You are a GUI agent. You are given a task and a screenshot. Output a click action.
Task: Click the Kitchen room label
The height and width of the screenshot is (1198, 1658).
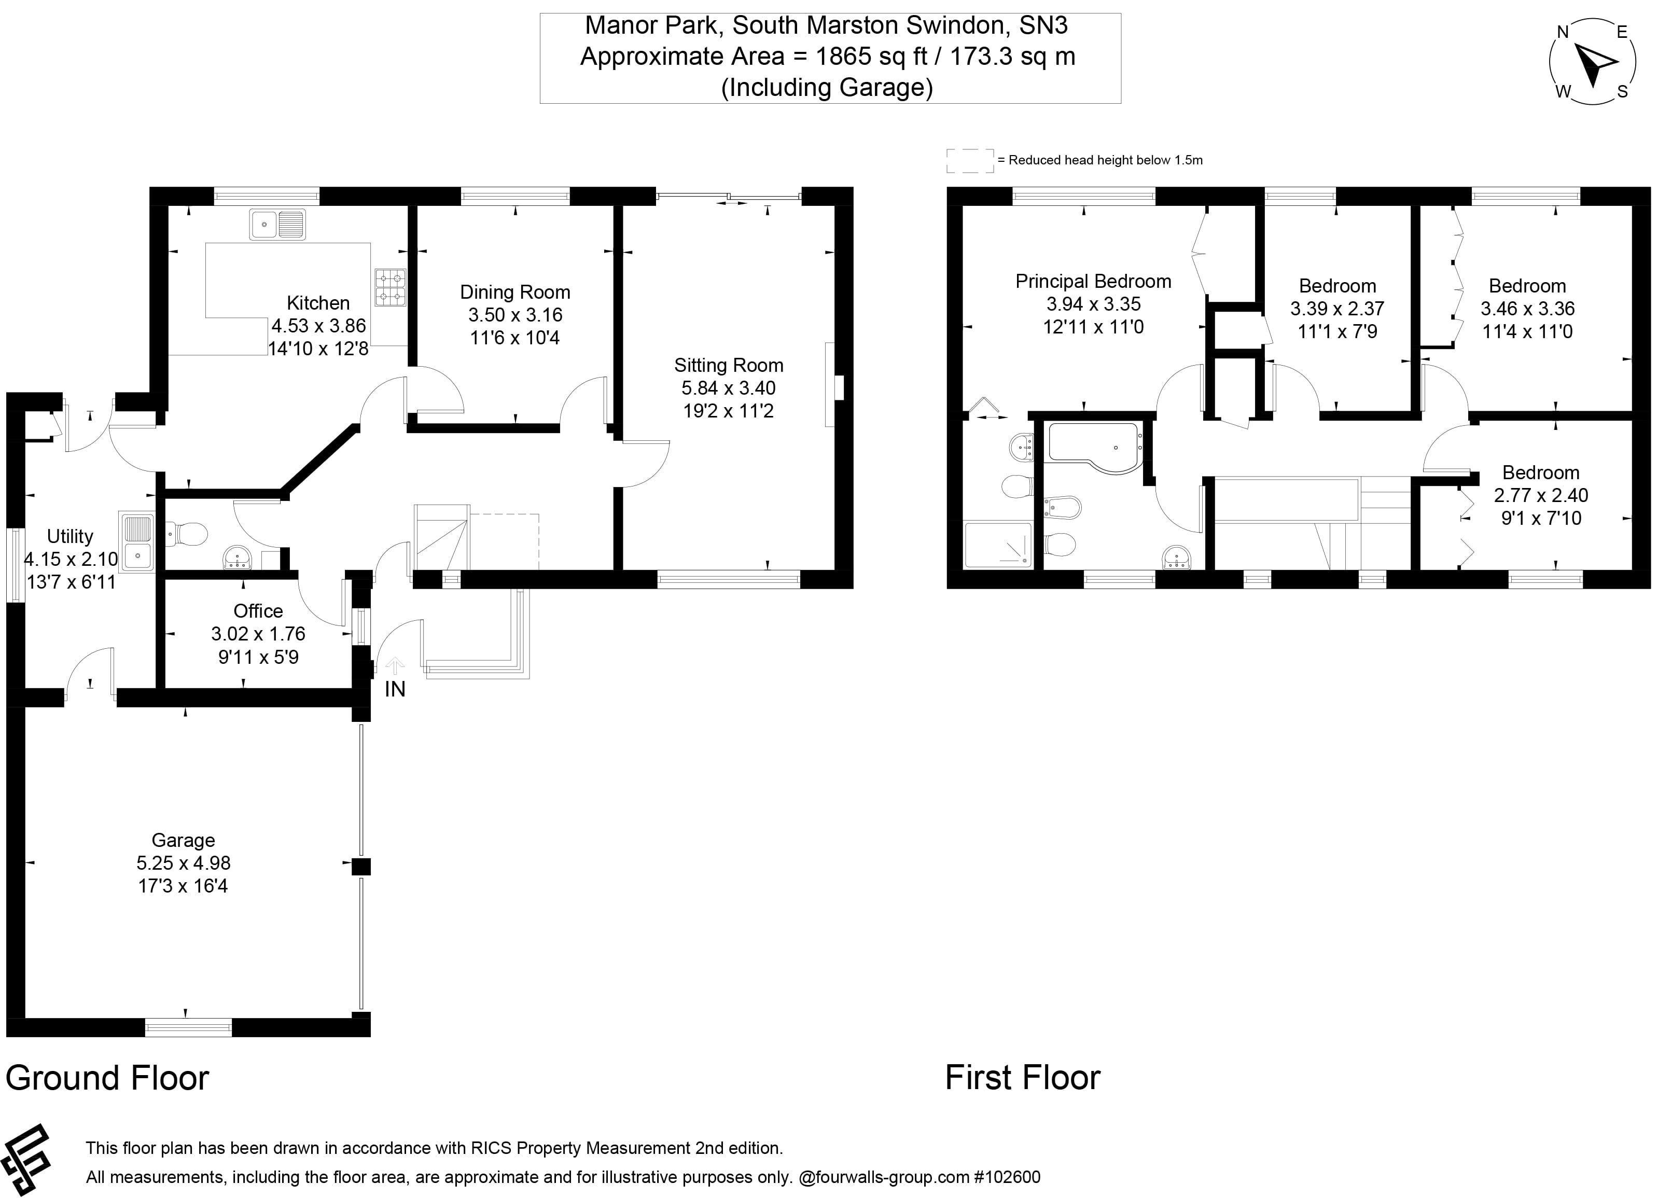coord(318,302)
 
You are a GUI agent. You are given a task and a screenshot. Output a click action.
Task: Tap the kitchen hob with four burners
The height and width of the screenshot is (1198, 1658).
coord(389,287)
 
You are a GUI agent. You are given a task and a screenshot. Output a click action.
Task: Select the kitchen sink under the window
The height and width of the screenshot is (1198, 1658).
coord(277,225)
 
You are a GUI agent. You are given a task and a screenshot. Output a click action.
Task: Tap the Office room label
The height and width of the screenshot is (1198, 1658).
coord(258,610)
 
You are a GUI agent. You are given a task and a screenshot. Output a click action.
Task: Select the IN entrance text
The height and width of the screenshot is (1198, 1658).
coord(395,689)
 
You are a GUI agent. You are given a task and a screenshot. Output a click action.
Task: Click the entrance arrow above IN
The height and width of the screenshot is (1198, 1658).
coord(395,665)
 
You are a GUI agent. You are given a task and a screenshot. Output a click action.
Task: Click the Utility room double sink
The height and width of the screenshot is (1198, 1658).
coord(137,541)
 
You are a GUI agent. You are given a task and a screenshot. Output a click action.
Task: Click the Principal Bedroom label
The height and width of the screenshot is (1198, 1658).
coord(1093,282)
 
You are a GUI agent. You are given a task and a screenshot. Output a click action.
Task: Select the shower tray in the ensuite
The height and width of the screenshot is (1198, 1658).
coord(998,545)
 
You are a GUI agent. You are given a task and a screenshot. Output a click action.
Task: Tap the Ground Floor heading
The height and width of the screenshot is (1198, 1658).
coord(107,1078)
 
